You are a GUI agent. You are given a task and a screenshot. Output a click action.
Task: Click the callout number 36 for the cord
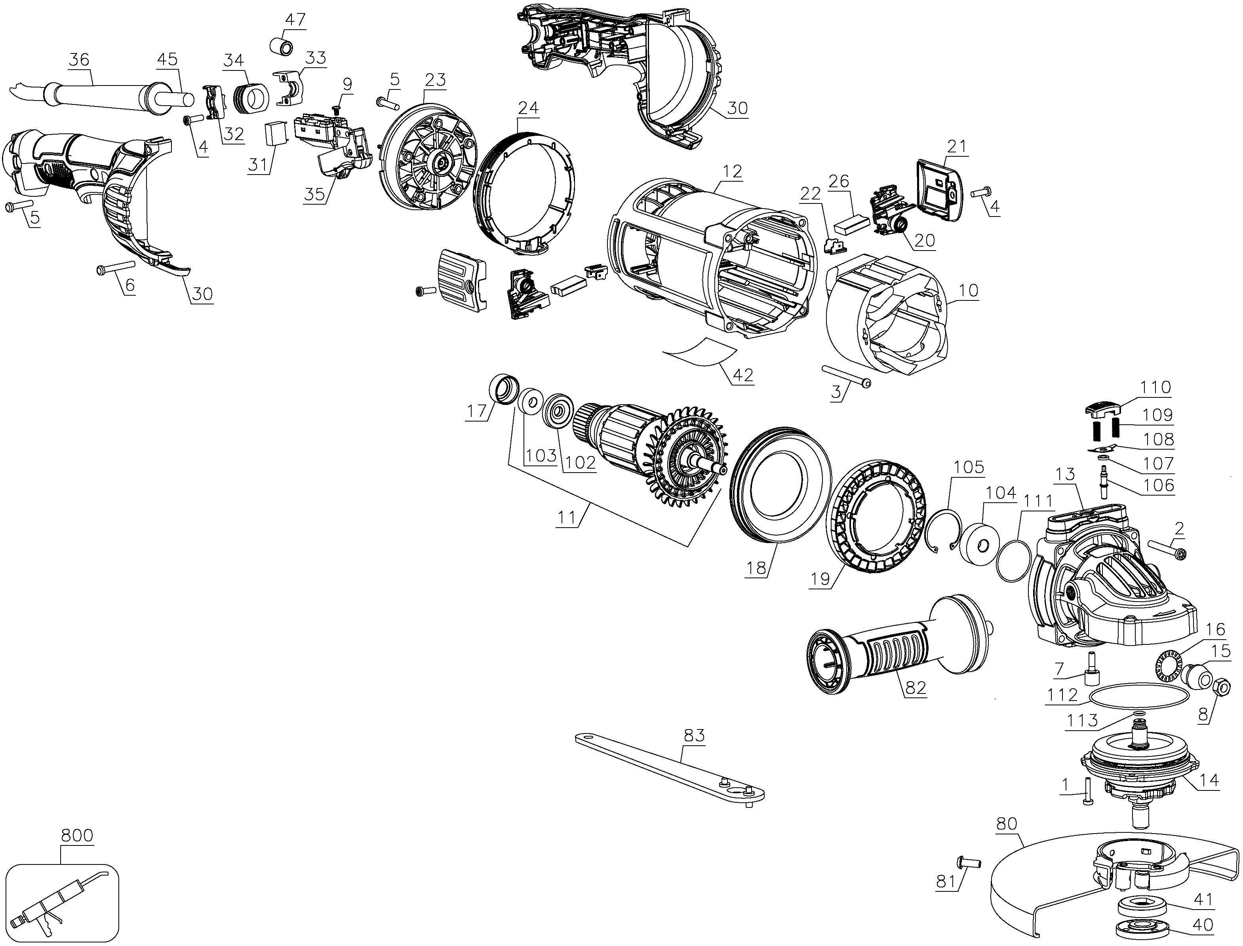[x=80, y=59]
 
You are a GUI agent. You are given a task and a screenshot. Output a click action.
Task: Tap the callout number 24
[x=528, y=108]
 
